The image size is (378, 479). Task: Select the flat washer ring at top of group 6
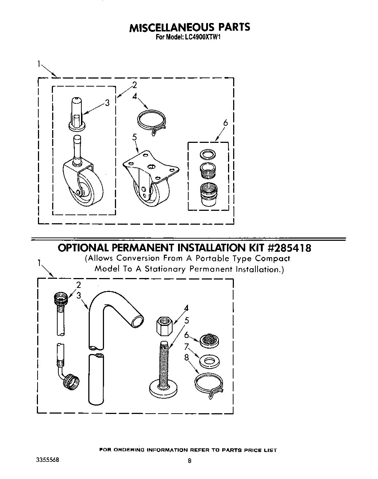coord(207,154)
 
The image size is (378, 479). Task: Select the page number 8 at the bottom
coord(189,461)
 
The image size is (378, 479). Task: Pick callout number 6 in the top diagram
coord(225,123)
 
